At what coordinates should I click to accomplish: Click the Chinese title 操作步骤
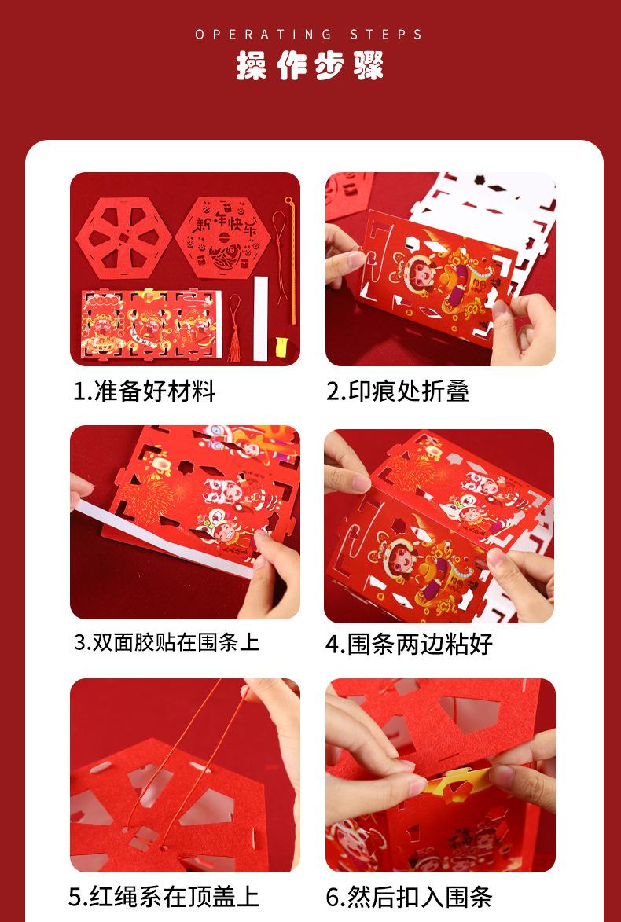(x=310, y=64)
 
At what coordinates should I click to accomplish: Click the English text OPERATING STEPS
(x=310, y=35)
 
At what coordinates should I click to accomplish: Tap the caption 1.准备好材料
(x=144, y=391)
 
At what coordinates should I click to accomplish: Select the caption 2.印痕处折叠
(x=398, y=391)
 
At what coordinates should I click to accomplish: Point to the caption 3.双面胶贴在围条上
(x=167, y=642)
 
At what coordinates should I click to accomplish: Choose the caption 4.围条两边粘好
(x=410, y=644)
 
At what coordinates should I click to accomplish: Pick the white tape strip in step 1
(x=260, y=318)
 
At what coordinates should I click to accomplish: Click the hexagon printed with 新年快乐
(x=223, y=237)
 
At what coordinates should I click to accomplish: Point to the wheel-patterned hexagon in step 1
(x=124, y=237)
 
